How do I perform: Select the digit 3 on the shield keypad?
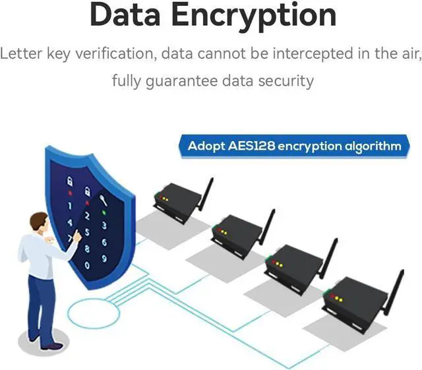[x=104, y=226]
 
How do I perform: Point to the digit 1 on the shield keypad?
[x=71, y=206]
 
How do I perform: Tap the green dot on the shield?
[x=102, y=212]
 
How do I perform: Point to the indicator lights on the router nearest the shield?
[x=162, y=196]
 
